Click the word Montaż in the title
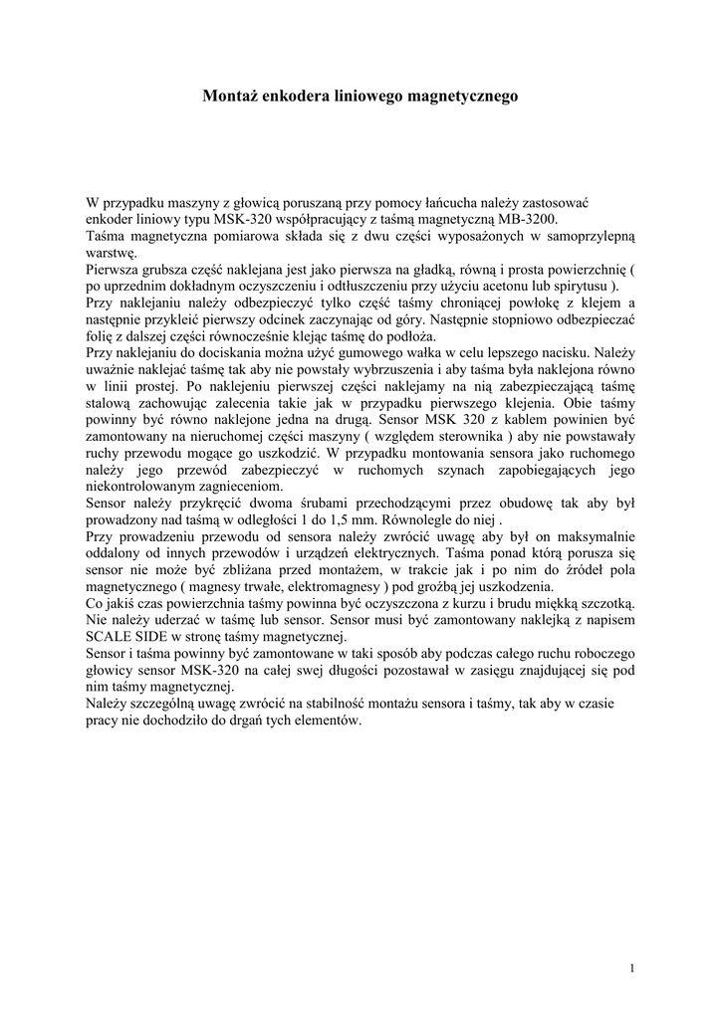(x=230, y=97)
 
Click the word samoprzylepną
(x=586, y=236)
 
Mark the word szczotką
(x=600, y=604)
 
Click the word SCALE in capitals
(x=111, y=637)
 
